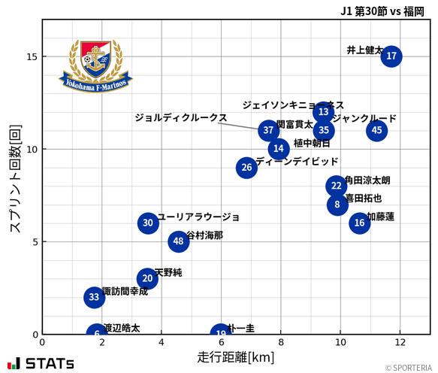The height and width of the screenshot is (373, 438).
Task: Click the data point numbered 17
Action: [391, 56]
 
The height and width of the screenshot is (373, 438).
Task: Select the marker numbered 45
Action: [377, 130]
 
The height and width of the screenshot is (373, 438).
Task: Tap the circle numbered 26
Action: [246, 168]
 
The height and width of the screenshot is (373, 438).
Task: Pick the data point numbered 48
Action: [178, 241]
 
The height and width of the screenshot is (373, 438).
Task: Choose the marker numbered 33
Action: [94, 297]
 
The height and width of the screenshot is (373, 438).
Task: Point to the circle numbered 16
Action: [359, 223]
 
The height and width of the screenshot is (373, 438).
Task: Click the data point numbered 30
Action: [148, 223]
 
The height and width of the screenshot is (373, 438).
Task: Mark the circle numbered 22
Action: [336, 186]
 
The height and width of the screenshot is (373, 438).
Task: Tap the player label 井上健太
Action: [364, 50]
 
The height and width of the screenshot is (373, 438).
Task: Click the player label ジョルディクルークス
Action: [180, 118]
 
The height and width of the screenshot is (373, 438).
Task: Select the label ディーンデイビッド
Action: [297, 162]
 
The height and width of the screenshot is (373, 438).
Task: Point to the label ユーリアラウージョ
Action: [198, 217]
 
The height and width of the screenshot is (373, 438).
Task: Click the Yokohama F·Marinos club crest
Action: [95, 65]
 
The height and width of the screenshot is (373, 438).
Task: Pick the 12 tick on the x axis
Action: [400, 342]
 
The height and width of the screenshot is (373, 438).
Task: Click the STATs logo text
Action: [41, 363]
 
